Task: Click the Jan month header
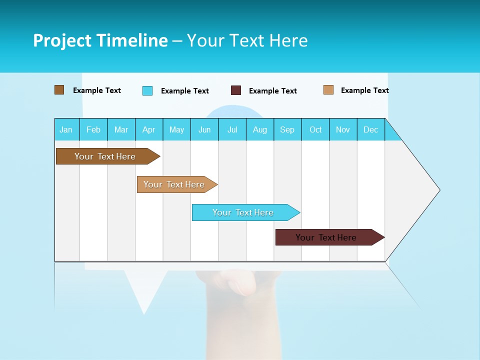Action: [66, 129]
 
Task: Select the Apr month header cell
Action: [149, 129]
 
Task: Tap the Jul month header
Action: [232, 129]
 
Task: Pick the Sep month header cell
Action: [287, 129]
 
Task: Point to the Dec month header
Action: [370, 129]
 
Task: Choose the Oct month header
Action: [315, 129]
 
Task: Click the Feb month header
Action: [93, 129]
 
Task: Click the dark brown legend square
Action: [59, 90]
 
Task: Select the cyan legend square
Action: [147, 90]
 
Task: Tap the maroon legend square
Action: [236, 90]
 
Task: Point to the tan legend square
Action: [328, 90]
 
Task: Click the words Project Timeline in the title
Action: [100, 40]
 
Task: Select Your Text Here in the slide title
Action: [247, 40]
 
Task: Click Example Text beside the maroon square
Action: [273, 91]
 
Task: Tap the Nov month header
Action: [343, 129]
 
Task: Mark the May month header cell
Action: [176, 129]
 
